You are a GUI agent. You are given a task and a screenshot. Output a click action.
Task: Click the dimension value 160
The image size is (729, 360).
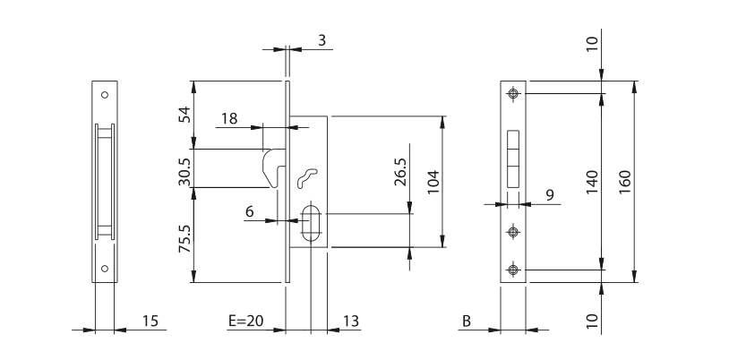[x=625, y=182]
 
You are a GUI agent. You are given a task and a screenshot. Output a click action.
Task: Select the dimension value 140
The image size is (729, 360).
[x=592, y=182]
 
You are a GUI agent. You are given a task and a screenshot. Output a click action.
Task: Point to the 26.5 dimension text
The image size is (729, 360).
[x=400, y=172]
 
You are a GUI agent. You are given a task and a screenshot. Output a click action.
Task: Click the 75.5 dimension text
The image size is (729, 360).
[x=185, y=238]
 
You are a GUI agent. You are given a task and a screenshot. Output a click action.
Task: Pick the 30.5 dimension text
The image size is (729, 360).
[x=185, y=171]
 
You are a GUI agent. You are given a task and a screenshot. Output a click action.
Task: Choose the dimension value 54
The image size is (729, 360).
[x=185, y=115]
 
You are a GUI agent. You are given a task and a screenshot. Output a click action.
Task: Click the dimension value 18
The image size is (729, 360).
[x=228, y=118]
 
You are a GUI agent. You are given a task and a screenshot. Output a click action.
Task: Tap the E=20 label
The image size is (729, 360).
[x=246, y=321]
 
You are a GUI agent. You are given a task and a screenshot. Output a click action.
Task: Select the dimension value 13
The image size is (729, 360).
[x=350, y=321]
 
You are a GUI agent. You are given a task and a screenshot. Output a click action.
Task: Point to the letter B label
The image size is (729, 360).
[x=467, y=321]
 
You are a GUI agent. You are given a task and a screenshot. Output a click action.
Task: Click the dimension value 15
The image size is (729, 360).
[x=150, y=321]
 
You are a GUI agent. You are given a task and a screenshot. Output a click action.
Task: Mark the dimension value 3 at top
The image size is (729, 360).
[x=322, y=40]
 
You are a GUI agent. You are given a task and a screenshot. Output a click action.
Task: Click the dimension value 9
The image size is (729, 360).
[x=550, y=194]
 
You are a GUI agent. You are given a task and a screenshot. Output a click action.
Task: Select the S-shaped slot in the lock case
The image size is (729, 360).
[x=307, y=178]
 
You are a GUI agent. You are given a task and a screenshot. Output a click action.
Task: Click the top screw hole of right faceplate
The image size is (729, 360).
[x=513, y=93]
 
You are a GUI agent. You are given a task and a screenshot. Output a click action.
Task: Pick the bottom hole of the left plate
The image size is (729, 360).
[x=105, y=269]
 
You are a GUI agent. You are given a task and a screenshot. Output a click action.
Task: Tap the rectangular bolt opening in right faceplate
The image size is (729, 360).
[x=513, y=159]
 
